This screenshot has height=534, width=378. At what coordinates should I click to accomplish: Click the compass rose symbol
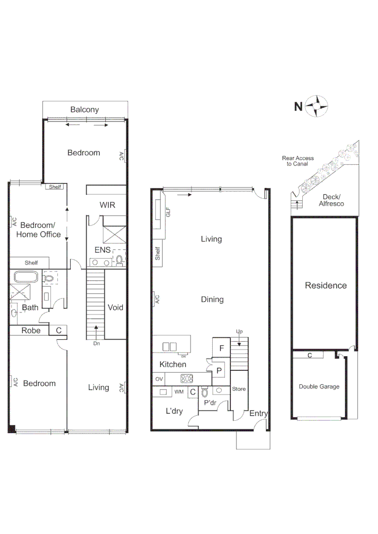317,106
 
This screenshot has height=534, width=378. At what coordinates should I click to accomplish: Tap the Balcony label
84,110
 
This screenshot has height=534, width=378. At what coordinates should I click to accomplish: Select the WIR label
107,205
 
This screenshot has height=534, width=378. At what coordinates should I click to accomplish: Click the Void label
115,308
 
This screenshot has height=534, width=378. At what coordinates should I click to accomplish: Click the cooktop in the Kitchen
187,379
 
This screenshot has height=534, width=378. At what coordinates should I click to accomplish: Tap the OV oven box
159,379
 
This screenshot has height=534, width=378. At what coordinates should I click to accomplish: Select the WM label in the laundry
179,392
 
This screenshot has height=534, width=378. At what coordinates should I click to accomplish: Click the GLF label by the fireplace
168,213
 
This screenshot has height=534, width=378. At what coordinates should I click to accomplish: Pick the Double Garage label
319,387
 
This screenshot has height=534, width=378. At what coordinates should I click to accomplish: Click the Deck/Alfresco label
331,200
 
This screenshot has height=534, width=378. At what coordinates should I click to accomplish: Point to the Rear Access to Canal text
298,161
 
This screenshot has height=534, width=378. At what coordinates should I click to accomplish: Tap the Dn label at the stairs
96,343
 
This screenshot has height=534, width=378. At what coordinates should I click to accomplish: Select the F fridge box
222,348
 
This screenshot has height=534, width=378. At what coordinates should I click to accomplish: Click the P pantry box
219,370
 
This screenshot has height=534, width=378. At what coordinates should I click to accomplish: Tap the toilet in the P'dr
204,394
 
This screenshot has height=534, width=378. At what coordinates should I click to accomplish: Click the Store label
239,389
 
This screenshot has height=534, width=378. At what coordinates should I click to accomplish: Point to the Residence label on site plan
326,285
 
